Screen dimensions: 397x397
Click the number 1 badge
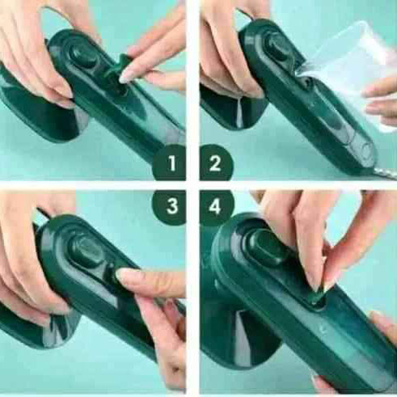(170, 163)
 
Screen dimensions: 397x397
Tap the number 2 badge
(216, 163)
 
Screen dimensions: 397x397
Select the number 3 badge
(170, 207)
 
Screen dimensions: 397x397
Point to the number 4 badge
(217, 207)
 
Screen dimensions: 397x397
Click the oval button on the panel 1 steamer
(82, 55)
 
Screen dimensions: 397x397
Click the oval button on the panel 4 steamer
(265, 247)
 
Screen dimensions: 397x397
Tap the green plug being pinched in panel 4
(315, 297)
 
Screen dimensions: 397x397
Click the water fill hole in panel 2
(306, 82)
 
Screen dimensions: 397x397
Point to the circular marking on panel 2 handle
(367, 151)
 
